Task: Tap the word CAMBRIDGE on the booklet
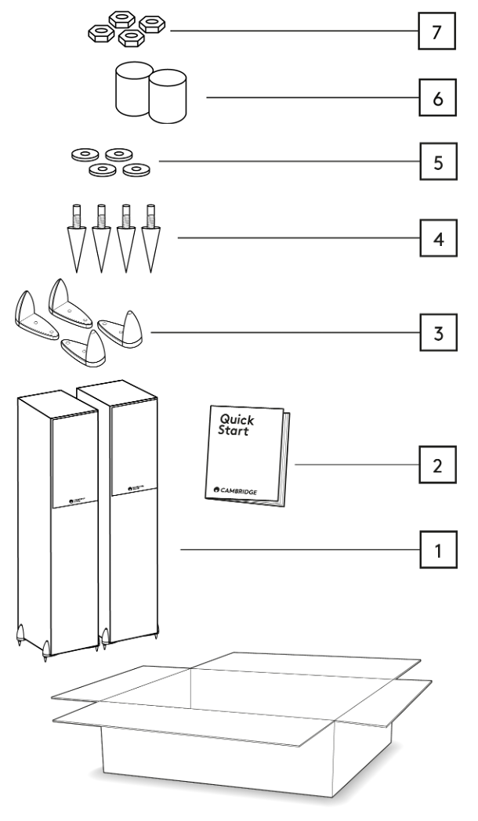pyautogui.click(x=239, y=490)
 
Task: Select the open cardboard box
pyautogui.click(x=243, y=725)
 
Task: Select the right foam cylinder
pyautogui.click(x=167, y=96)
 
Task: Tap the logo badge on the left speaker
pyautogui.click(x=78, y=499)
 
